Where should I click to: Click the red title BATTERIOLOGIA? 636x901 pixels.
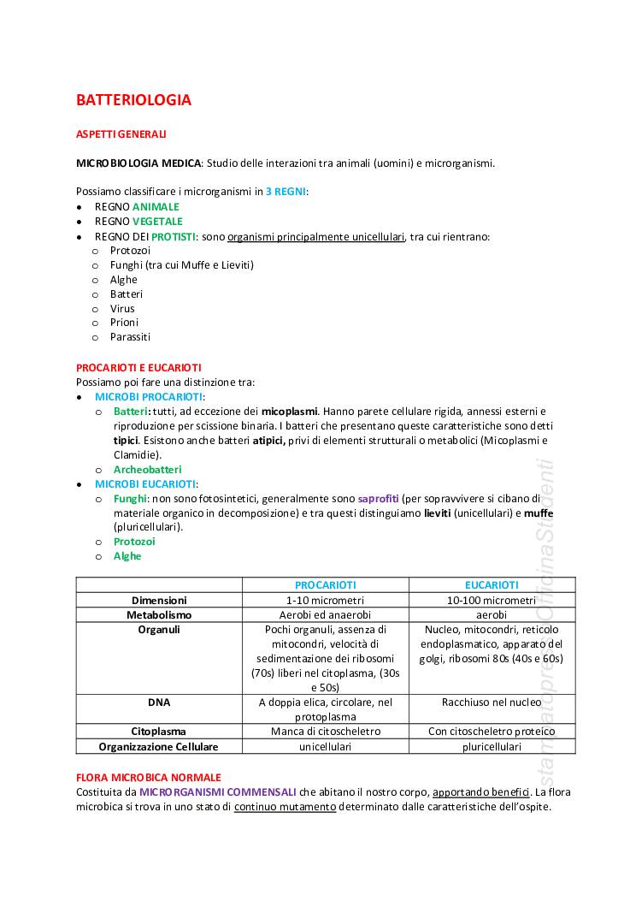[x=133, y=100]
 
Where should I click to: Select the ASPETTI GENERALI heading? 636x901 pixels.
[x=121, y=134]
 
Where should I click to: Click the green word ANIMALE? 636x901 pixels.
[x=156, y=207]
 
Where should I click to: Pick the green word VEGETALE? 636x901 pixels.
[x=157, y=222]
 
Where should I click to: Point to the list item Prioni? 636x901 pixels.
[x=124, y=323]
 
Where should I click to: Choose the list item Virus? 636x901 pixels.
[x=122, y=308]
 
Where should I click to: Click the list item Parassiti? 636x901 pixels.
[x=130, y=337]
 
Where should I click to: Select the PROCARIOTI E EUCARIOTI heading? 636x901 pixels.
[x=138, y=367]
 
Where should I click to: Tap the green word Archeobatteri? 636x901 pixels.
[x=147, y=470]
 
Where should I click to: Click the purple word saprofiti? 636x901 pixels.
[x=379, y=498]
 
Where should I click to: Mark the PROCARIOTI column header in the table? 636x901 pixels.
[x=325, y=585]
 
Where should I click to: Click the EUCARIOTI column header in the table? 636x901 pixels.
[x=492, y=585]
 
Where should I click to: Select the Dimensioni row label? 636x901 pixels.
[x=159, y=601]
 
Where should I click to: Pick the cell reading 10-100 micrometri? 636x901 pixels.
[x=492, y=601]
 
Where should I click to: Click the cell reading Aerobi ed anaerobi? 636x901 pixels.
[x=325, y=615]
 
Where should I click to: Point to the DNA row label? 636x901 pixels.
[x=159, y=702]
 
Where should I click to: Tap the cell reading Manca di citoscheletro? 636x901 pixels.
[x=325, y=732]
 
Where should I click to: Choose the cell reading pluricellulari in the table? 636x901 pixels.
[x=492, y=746]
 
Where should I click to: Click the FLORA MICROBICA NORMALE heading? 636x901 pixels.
[x=148, y=777]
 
